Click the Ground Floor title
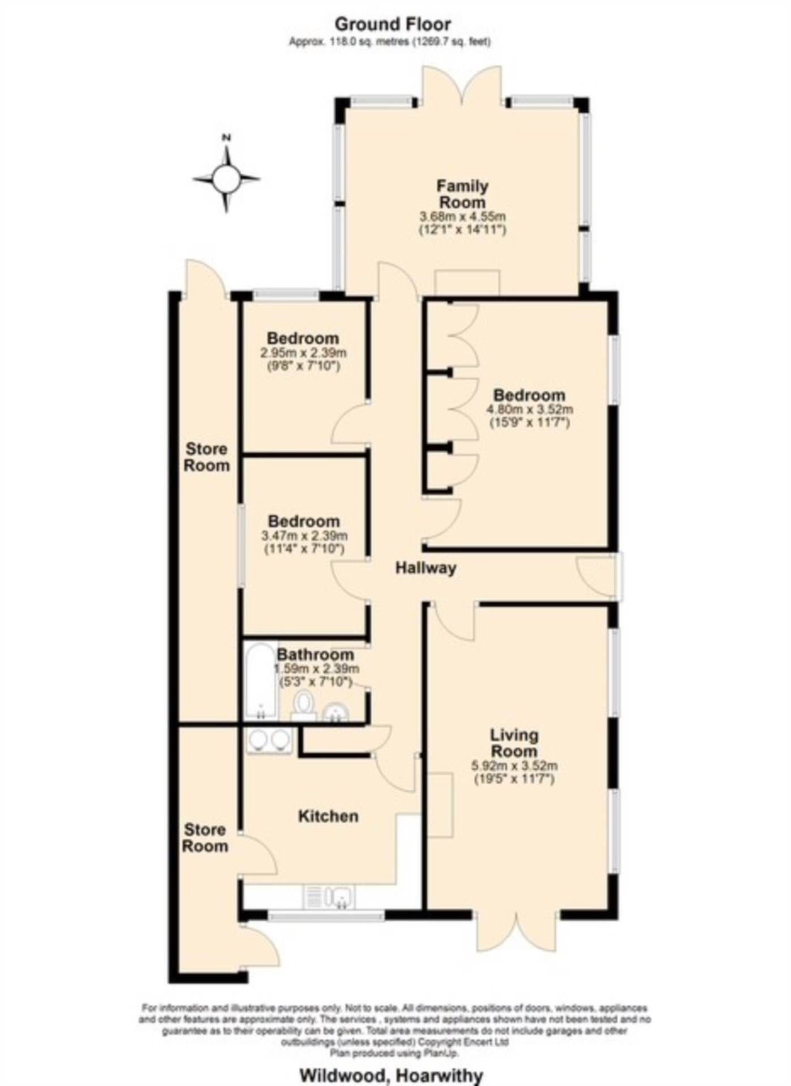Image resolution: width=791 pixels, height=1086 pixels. pos(393,24)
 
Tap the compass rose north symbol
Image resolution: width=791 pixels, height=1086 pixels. pos(226,179)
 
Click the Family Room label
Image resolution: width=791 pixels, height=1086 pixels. pos(462,194)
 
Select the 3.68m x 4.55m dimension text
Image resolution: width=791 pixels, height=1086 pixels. pos(462,216)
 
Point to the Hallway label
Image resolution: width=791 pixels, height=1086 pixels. pos(425,567)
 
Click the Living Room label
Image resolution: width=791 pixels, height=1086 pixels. pos(514,743)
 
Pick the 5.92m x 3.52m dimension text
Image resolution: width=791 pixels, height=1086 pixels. pos(514,766)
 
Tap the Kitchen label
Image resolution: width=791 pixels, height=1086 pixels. pos(328,816)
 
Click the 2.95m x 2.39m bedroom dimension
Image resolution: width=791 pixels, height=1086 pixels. pos(303,353)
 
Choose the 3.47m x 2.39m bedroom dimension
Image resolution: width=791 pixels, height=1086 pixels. pos(304,536)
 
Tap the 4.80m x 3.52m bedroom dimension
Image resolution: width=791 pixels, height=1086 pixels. pos(530,410)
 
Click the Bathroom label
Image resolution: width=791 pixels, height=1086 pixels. pos(315,654)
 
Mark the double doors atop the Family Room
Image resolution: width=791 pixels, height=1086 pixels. pos(462,85)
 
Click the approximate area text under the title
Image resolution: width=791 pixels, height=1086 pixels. pos(390,41)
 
